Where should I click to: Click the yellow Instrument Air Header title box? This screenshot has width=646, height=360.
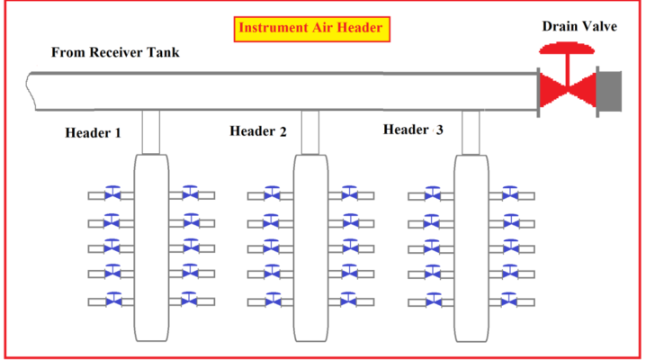(x=311, y=29)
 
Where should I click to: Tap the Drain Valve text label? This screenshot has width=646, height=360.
(x=579, y=25)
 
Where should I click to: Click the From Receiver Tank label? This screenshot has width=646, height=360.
(x=115, y=52)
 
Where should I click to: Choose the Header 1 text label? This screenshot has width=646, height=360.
(x=94, y=132)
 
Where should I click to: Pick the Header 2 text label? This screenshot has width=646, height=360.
(x=257, y=132)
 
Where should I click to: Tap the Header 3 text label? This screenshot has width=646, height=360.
(x=413, y=130)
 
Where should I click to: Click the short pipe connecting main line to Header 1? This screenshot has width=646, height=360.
(x=150, y=131)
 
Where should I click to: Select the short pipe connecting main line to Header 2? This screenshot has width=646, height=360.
(x=310, y=131)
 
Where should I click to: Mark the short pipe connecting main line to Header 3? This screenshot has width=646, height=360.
(x=469, y=131)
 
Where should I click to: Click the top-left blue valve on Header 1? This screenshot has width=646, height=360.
(x=112, y=193)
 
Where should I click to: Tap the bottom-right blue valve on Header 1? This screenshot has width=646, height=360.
(x=190, y=300)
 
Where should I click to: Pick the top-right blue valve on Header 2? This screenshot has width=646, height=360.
(x=350, y=193)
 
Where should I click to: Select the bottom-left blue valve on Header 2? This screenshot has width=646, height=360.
(x=272, y=300)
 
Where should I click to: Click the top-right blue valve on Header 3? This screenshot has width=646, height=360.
(x=510, y=193)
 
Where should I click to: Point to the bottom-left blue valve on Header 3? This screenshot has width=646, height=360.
(x=432, y=300)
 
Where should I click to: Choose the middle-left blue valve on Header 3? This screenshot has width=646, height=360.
(x=432, y=247)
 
